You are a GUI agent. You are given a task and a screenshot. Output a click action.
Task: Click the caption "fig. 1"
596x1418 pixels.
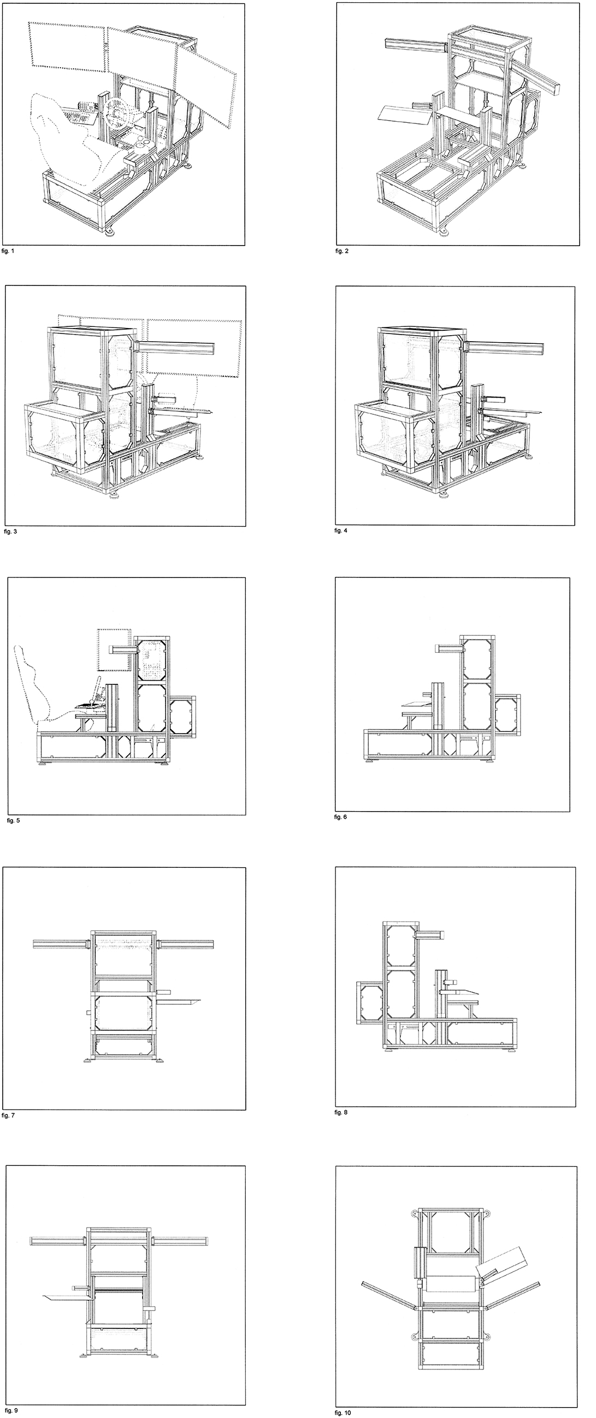point(10,252)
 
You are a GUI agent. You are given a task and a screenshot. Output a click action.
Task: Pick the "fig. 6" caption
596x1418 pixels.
point(341,818)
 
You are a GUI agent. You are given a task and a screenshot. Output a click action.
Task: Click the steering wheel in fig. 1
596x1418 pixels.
point(117,112)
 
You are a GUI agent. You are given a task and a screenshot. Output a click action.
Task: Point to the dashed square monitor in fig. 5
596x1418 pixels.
point(115,650)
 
